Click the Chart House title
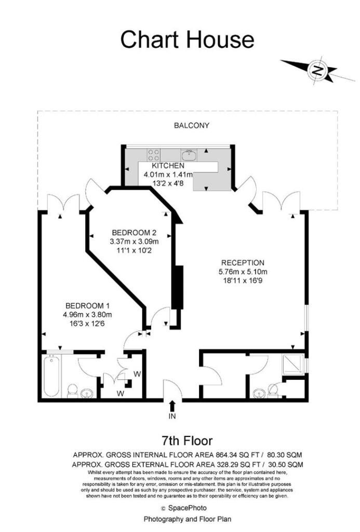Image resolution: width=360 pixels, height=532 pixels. click(188, 39)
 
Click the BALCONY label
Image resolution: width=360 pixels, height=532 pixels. click(192, 126)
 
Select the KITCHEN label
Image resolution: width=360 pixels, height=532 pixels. click(168, 166)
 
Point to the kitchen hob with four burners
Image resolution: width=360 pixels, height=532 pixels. click(154, 155)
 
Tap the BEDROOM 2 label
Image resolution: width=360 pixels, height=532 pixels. click(134, 233)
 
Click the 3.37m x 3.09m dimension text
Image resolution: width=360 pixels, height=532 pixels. click(135, 242)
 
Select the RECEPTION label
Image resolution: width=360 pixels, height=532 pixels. click(243, 262)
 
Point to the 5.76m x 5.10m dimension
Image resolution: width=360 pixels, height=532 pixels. click(243, 271)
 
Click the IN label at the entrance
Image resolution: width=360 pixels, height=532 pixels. click(172, 416)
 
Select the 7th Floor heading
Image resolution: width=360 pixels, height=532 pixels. click(186, 441)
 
